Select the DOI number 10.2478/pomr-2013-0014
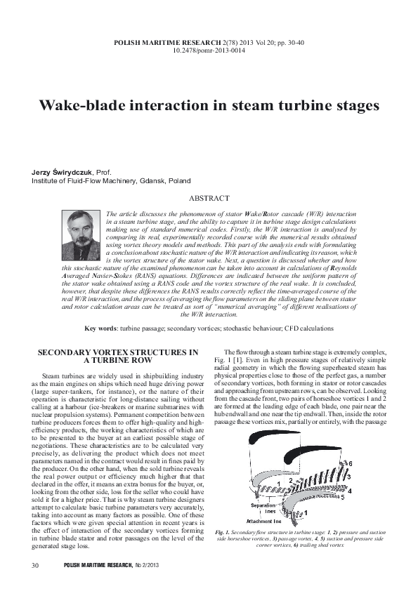coord(209,51)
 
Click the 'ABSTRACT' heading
coord(209,199)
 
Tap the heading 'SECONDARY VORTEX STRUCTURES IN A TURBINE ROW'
coord(117,355)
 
